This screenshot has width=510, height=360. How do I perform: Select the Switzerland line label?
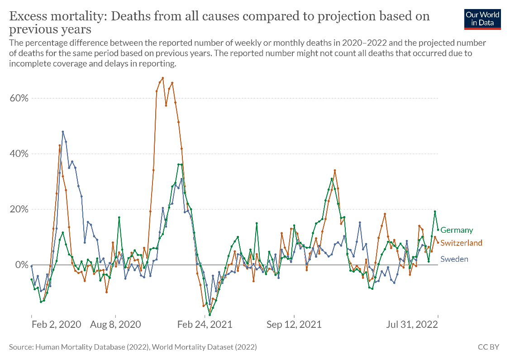pyautogui.click(x=461, y=243)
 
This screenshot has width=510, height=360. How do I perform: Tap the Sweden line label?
pyautogui.click(x=454, y=259)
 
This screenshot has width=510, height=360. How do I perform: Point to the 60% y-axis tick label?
pyautogui.click(x=18, y=98)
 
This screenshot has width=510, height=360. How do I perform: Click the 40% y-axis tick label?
pyautogui.click(x=18, y=154)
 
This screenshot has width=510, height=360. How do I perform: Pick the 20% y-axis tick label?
pyautogui.click(x=18, y=209)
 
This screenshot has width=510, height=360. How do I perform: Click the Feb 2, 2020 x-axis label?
pyautogui.click(x=57, y=324)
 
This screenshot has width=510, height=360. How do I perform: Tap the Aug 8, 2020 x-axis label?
pyautogui.click(x=115, y=324)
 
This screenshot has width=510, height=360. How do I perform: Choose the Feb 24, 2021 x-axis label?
pyautogui.click(x=205, y=324)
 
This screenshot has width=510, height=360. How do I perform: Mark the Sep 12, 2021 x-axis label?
pyautogui.click(x=294, y=324)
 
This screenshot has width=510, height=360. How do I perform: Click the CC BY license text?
pyautogui.click(x=489, y=347)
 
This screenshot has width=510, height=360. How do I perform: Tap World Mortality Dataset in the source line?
pyautogui.click(x=195, y=347)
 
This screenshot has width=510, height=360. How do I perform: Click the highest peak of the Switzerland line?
pyautogui.click(x=162, y=78)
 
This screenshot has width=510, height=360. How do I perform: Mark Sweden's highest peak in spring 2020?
pyautogui.click(x=62, y=132)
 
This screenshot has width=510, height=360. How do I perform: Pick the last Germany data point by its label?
pyautogui.click(x=438, y=229)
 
